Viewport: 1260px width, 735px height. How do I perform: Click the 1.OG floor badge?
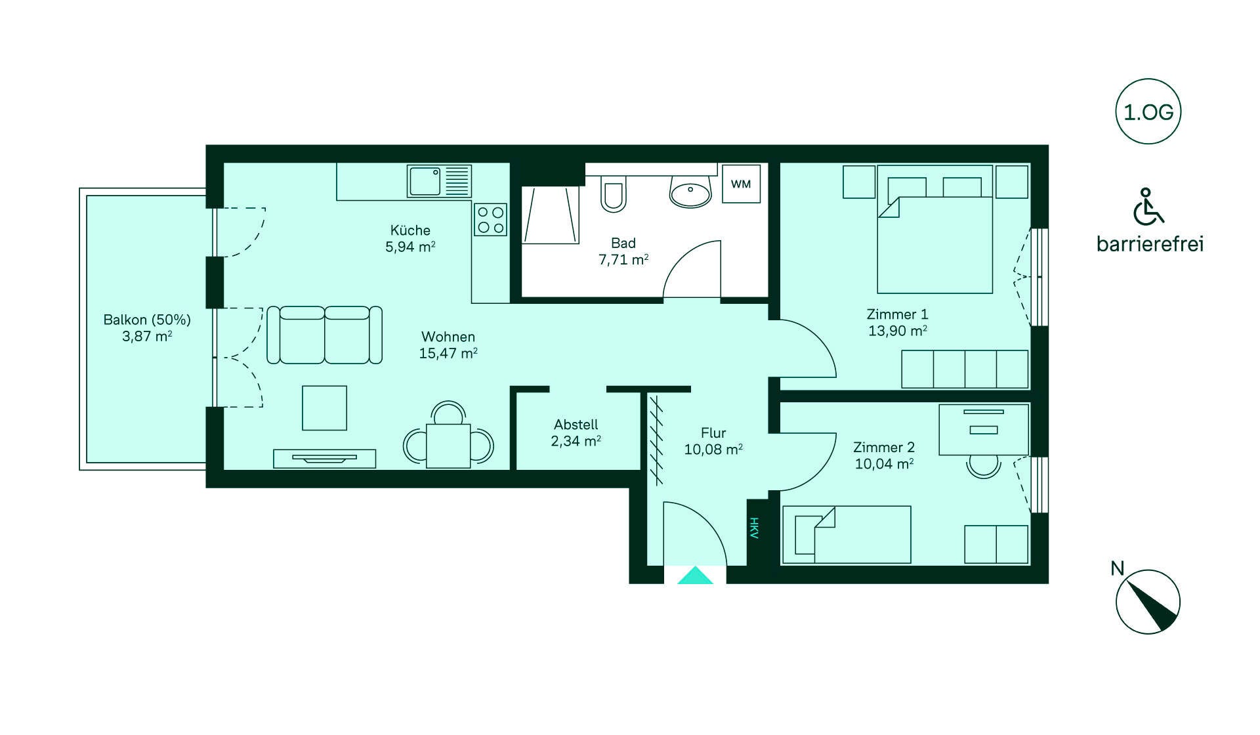click(1148, 112)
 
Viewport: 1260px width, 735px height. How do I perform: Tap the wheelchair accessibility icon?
click(1147, 207)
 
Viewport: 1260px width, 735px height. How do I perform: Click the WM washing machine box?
click(741, 184)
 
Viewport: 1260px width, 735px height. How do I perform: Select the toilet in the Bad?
click(614, 194)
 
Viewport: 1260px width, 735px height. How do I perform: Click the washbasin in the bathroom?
click(690, 193)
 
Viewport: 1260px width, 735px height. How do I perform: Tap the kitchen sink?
click(425, 180)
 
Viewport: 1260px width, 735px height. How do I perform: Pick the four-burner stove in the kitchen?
click(490, 220)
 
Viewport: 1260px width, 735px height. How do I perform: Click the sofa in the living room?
click(324, 335)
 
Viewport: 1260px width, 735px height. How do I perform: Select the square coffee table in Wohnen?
click(324, 408)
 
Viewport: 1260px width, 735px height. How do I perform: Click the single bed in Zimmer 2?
click(847, 534)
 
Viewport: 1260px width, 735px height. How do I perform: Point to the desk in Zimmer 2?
click(984, 429)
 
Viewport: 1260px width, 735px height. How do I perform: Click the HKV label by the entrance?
click(754, 528)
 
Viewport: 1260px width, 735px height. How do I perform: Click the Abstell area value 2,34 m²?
click(576, 442)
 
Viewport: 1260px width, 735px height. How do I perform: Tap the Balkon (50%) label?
click(147, 320)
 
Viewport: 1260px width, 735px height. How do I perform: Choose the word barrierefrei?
click(1150, 245)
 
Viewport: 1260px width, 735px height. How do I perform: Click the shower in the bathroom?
click(551, 215)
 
